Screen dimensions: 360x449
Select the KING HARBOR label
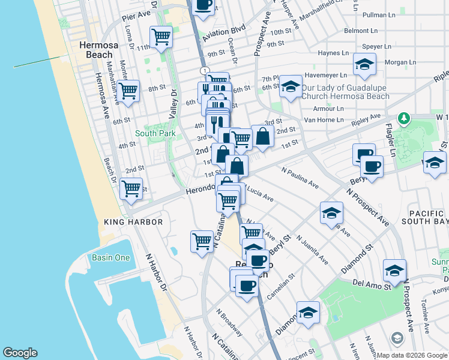click(133, 222)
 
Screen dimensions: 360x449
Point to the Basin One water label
click(110, 257)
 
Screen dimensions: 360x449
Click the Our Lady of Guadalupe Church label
click(345, 91)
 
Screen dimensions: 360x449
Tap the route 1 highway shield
click(205, 71)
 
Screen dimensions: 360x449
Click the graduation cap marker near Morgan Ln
click(364, 64)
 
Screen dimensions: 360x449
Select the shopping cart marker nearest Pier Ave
click(161, 37)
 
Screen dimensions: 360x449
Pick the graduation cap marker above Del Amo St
click(394, 270)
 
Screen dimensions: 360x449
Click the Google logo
click(20, 353)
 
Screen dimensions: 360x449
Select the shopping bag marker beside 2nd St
click(262, 136)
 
